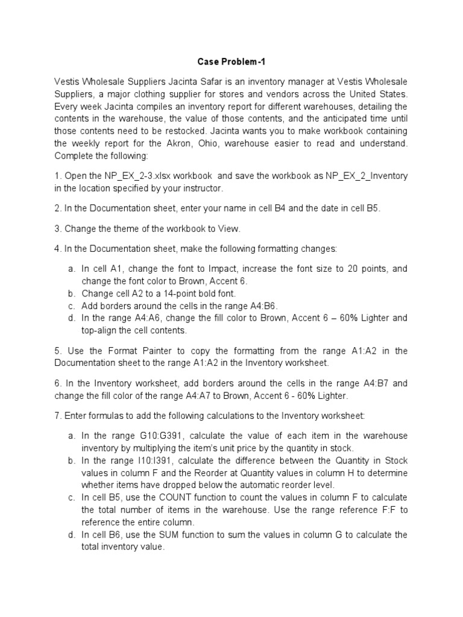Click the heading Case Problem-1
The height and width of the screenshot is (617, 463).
coord(231,61)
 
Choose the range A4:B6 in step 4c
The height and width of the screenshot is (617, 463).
coord(260,306)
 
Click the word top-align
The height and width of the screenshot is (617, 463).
coord(100,331)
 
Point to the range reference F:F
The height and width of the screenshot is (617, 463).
coord(385,510)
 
